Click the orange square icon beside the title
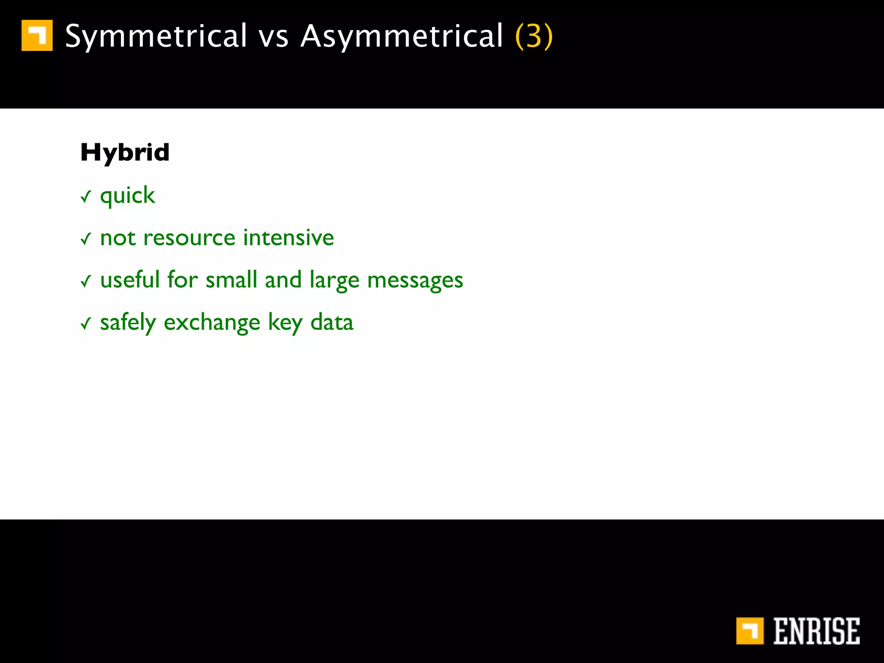click(37, 35)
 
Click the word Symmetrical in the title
click(156, 36)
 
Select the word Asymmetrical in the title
click(402, 36)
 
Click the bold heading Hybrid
click(125, 153)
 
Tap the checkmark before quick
click(86, 197)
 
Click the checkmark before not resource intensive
click(86, 239)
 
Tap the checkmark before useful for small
click(86, 281)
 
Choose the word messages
click(415, 281)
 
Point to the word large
click(334, 281)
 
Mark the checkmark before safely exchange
click(86, 323)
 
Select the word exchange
click(212, 323)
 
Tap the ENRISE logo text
click(816, 631)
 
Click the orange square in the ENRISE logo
click(750, 631)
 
